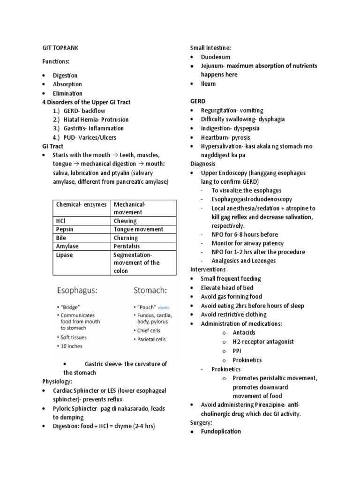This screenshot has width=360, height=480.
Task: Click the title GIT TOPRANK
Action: click(60, 48)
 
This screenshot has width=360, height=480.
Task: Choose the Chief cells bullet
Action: click(149, 330)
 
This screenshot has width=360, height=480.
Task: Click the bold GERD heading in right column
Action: click(198, 101)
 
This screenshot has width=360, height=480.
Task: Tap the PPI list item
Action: click(238, 351)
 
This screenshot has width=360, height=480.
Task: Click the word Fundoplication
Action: click(221, 431)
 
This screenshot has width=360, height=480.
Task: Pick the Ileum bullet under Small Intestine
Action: click(208, 83)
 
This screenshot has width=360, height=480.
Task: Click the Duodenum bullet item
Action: click(215, 57)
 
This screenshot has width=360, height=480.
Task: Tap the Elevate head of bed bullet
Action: click(227, 287)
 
